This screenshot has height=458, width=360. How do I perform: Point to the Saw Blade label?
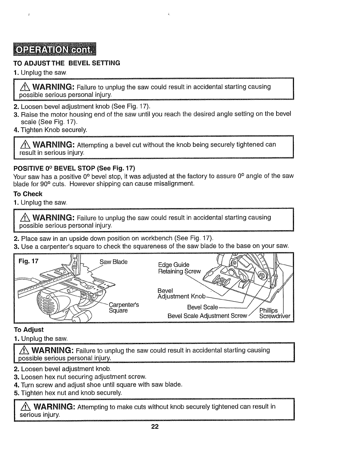pyautogui.click(x=113, y=262)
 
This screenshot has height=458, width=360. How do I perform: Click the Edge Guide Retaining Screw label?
pyautogui.click(x=179, y=268)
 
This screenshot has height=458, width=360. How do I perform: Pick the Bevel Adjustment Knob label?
pyautogui.click(x=181, y=293)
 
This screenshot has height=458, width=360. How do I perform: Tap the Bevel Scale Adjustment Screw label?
pyautogui.click(x=207, y=316)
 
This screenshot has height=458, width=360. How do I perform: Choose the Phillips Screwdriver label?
pyautogui.click(x=274, y=313)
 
